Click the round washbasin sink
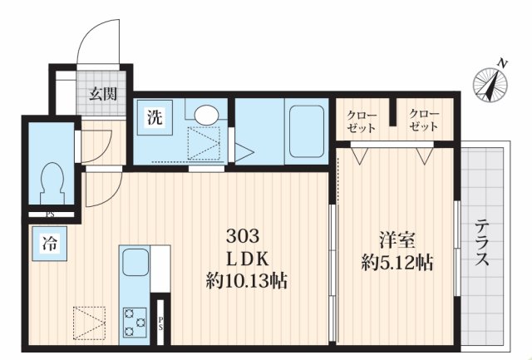click(206, 115)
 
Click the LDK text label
click(246, 259)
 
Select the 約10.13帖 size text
click(246, 282)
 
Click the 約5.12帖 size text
click(397, 264)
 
